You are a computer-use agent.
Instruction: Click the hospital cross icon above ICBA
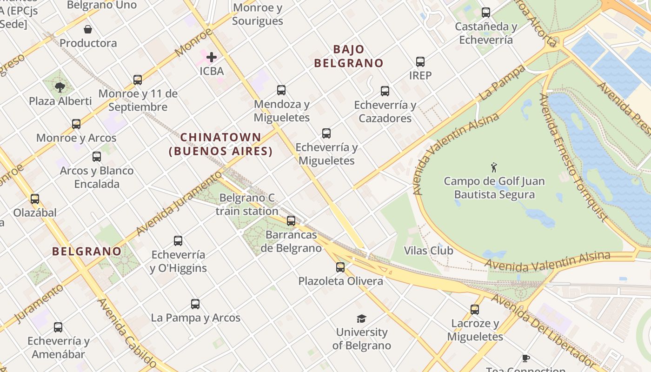coord(212,57)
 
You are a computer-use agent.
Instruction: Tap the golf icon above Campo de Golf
coord(494,167)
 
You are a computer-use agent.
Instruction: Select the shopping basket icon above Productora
coord(88,30)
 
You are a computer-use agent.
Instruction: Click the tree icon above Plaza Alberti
coord(60,87)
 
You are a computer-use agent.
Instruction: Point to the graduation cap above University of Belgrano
coord(361,319)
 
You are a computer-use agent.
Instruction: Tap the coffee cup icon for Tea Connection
coord(526,358)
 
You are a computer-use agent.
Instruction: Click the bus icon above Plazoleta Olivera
coord(340,267)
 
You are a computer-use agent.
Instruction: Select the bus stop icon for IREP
coord(420,61)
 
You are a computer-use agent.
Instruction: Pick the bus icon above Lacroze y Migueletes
coord(475,309)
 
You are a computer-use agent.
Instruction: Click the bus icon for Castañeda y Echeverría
coord(486,13)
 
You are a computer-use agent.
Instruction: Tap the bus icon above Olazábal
coord(35,199)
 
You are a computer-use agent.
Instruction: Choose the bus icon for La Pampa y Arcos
coord(195,304)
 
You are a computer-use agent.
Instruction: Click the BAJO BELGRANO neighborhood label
coord(348,56)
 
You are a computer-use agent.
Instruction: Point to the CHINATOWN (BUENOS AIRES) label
coord(220,144)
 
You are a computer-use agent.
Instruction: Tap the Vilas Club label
coord(428,251)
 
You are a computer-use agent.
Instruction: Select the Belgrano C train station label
coord(247,205)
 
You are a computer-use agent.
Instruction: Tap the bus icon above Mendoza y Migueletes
coord(281,90)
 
